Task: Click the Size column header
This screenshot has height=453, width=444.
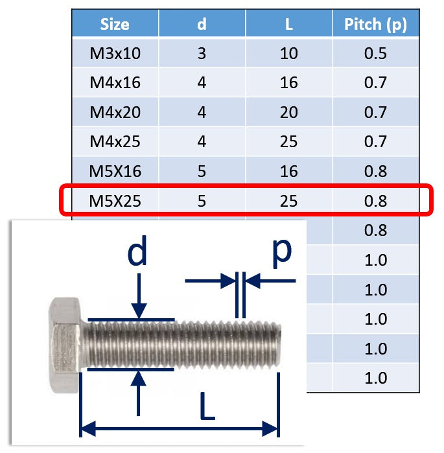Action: click(x=115, y=24)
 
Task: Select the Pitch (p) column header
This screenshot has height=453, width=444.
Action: click(x=375, y=25)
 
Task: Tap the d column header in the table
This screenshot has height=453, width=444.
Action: click(x=202, y=24)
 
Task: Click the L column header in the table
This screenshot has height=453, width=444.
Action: click(x=289, y=24)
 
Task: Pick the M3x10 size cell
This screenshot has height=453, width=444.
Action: click(x=115, y=53)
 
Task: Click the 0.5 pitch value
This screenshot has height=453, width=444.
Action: click(x=375, y=53)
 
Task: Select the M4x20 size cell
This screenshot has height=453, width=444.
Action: click(x=115, y=112)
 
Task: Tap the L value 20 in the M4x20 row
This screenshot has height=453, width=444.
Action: click(x=288, y=112)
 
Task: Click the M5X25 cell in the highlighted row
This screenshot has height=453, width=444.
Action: click(x=115, y=201)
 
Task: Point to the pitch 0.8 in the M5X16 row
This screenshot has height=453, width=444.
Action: click(x=375, y=171)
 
